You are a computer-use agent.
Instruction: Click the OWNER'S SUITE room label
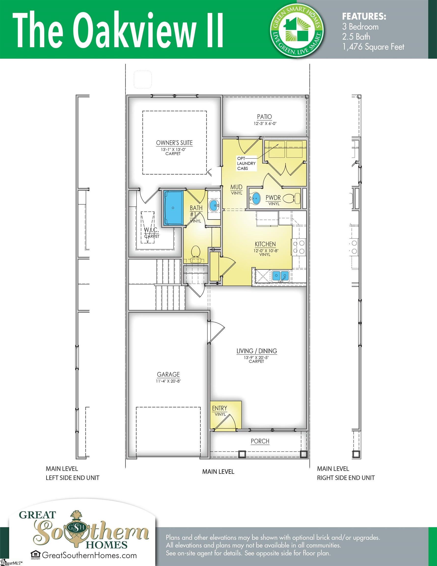tap(174, 143)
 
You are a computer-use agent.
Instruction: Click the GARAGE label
tap(168, 374)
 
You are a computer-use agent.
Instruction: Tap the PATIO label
tap(264, 117)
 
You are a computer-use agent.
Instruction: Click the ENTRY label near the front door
tap(220, 408)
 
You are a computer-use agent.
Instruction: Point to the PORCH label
tap(260, 441)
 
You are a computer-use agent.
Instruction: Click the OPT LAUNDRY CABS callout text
tap(246, 163)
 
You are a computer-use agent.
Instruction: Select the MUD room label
tap(236, 187)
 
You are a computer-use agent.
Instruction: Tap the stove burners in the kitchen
tap(299, 247)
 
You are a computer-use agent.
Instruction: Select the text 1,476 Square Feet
tap(373, 47)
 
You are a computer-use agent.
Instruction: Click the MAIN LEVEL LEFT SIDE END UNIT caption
tap(72, 473)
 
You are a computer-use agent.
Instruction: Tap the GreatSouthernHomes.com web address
tap(89, 555)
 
